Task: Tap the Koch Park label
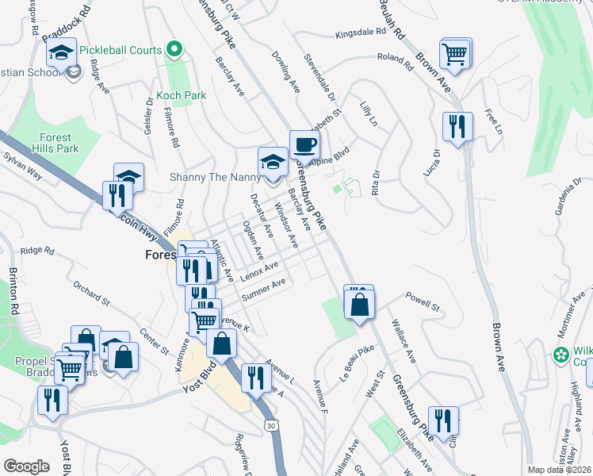(182, 95)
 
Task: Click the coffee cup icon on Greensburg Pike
(305, 145)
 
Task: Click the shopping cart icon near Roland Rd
(455, 54)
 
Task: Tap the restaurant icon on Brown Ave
(457, 127)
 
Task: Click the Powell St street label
(423, 302)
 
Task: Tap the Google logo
(26, 466)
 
